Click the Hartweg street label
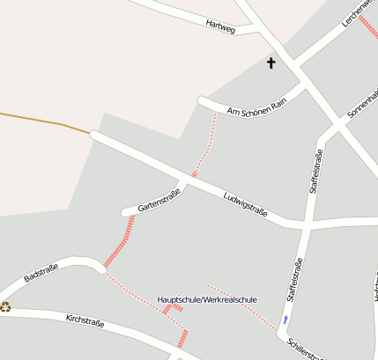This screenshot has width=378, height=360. (220, 26)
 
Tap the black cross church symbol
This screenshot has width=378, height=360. (271, 62)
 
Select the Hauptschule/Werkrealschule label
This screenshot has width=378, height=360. (207, 300)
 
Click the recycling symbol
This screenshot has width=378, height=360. (5, 307)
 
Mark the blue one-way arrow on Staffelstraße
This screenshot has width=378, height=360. (285, 320)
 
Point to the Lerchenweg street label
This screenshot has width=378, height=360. (359, 19)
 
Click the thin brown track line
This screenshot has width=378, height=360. (44, 121)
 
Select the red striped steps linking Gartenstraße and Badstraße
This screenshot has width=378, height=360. (119, 241)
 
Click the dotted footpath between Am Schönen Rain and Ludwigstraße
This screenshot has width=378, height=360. (205, 146)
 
